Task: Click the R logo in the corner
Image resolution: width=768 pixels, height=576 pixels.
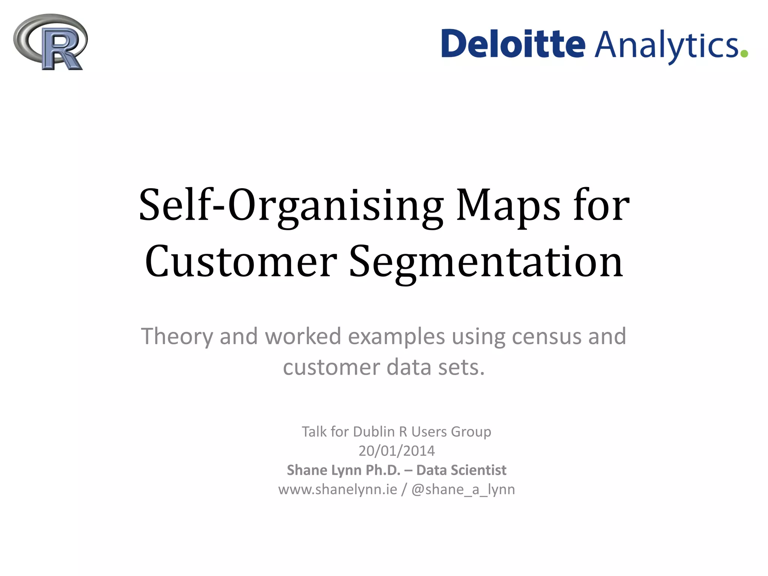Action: point(50,42)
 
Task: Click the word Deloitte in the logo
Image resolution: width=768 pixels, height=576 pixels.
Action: point(513,44)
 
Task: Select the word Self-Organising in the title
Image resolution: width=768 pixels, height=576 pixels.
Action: point(291,205)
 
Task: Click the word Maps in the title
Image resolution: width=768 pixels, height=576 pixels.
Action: point(508,205)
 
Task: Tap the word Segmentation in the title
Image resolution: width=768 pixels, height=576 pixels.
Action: point(486,262)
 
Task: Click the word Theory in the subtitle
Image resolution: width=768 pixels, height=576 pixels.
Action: point(177,336)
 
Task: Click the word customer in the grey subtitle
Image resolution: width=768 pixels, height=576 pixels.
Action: point(331,367)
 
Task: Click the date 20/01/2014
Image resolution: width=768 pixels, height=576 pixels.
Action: point(396,451)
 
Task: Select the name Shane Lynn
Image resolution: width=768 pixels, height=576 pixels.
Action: point(325,470)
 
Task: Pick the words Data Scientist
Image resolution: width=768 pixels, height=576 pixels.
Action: point(461,470)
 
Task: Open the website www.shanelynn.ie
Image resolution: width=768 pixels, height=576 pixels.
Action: point(337,489)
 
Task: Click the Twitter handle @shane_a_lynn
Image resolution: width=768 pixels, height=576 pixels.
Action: point(463,490)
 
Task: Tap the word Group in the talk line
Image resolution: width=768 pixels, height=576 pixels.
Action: point(471,432)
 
